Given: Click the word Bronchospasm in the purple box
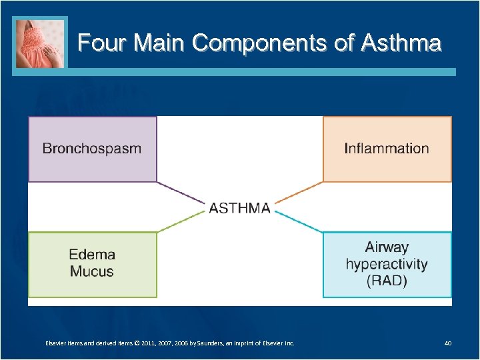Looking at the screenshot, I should (x=92, y=149).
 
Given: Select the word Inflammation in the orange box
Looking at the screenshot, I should (x=387, y=149).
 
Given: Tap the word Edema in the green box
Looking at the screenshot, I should (x=92, y=255).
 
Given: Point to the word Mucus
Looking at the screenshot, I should (x=92, y=271).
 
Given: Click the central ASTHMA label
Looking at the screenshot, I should (x=240, y=208).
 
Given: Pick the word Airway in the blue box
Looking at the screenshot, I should (x=387, y=247).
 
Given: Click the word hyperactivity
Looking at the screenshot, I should (x=387, y=264).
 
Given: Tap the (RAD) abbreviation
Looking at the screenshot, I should (x=387, y=281).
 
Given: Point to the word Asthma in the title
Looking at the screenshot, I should (x=401, y=43).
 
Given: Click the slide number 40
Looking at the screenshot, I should (x=448, y=343).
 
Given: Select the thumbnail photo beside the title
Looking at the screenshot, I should (x=41, y=43).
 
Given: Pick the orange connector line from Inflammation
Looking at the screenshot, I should (x=300, y=193).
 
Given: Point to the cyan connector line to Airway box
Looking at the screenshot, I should (x=300, y=222).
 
